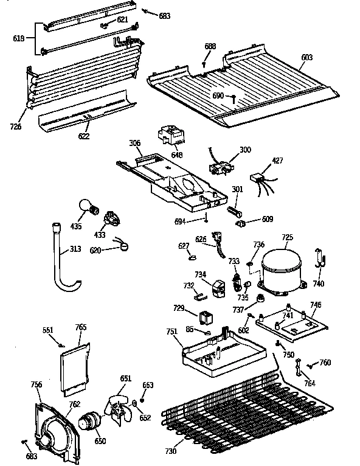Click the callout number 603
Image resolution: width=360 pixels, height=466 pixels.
point(307,57)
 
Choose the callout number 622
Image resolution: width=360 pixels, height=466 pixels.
point(83,136)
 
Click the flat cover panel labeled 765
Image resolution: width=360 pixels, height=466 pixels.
point(75,367)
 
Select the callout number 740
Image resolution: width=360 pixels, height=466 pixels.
point(319,283)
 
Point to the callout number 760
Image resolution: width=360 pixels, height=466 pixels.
point(325,363)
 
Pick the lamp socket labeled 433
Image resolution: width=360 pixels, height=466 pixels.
point(111,218)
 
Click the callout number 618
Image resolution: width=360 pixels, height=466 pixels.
point(18,38)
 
